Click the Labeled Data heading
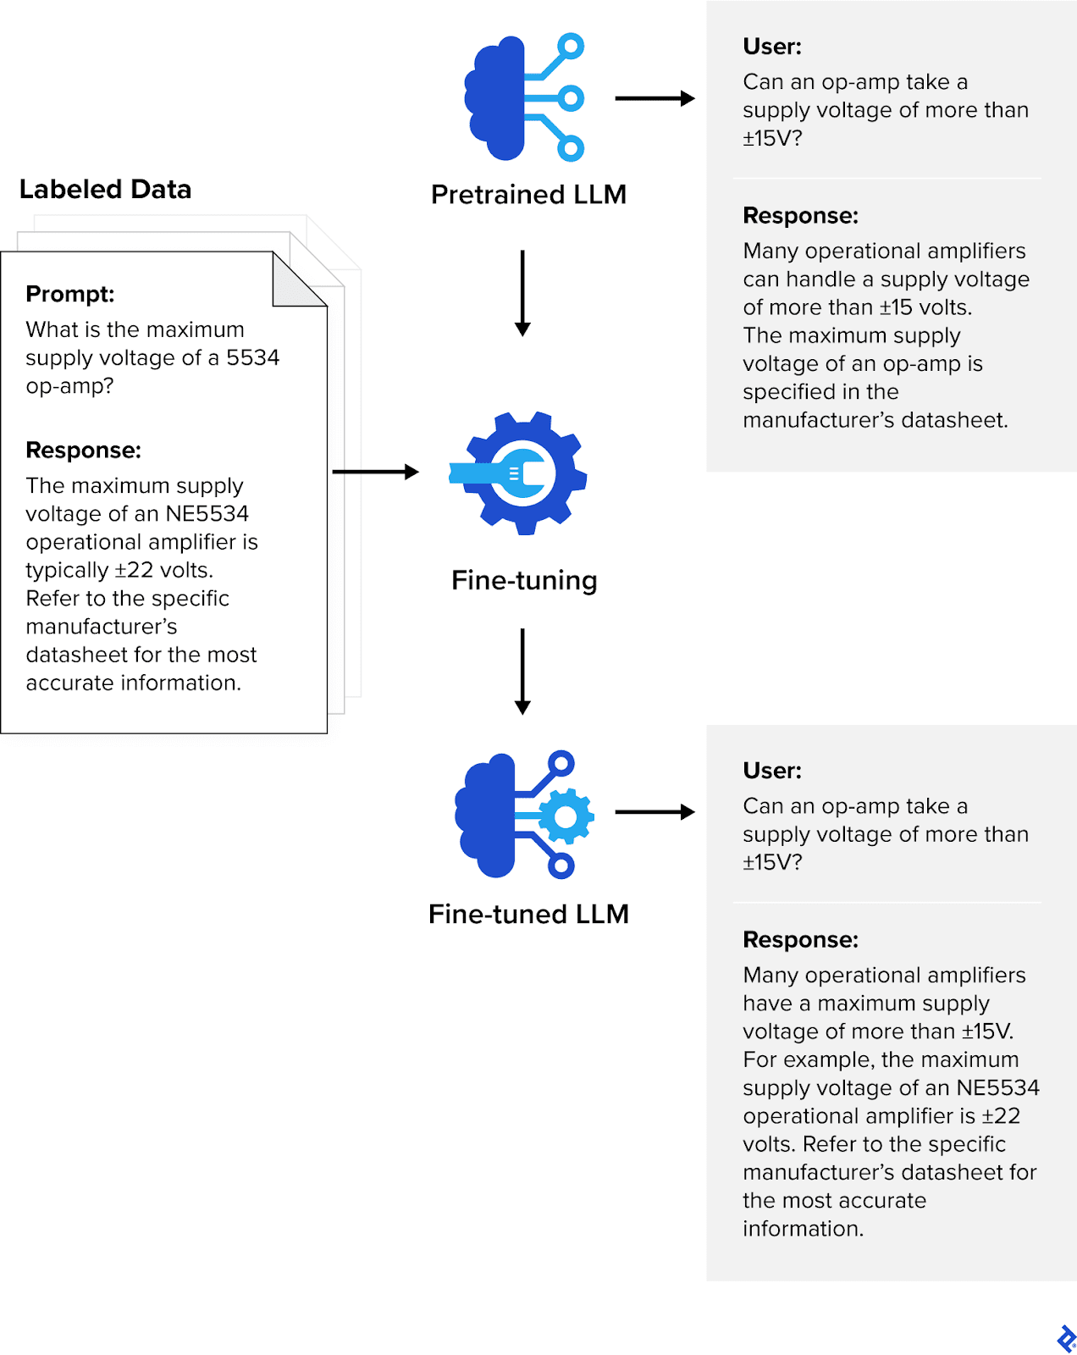click(x=105, y=189)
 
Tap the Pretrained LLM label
click(x=528, y=194)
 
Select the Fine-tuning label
click(x=524, y=580)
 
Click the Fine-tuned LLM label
click(x=528, y=914)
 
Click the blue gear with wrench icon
click(x=518, y=473)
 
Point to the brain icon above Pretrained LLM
click(x=523, y=97)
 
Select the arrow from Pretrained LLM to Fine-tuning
click(x=522, y=292)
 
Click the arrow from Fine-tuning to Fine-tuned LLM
click(x=522, y=671)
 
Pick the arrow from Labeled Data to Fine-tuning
click(x=375, y=472)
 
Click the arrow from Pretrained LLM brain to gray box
click(x=654, y=98)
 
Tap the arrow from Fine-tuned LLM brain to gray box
click(x=654, y=812)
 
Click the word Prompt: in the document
click(x=70, y=294)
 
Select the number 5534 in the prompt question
click(x=252, y=357)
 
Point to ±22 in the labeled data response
click(x=134, y=570)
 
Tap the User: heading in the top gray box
click(x=771, y=47)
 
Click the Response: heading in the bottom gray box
click(x=800, y=940)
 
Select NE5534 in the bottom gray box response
click(x=997, y=1087)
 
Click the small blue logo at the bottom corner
click(x=1066, y=1339)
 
